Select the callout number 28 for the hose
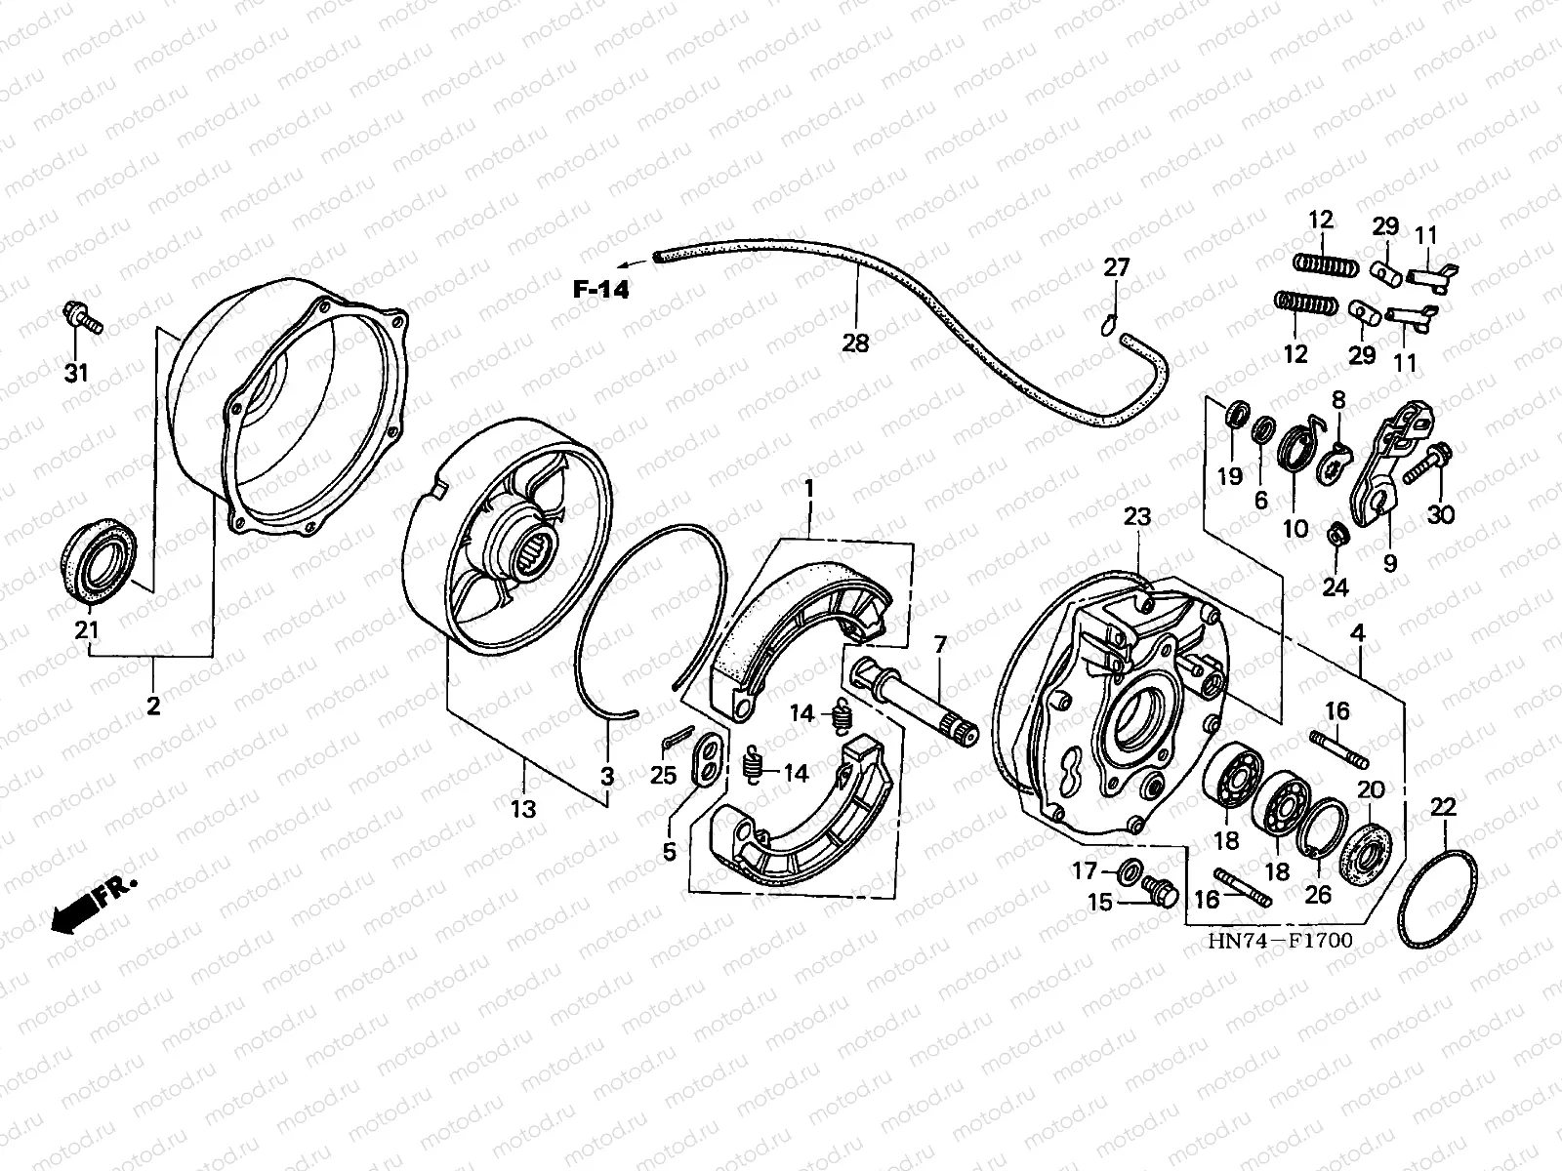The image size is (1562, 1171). (x=856, y=342)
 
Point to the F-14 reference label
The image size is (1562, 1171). (x=601, y=289)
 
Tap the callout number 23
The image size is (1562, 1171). (x=1137, y=517)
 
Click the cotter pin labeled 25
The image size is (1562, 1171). (x=675, y=743)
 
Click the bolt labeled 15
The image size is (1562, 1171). (x=1159, y=892)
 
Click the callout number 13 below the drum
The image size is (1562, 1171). (x=524, y=809)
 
